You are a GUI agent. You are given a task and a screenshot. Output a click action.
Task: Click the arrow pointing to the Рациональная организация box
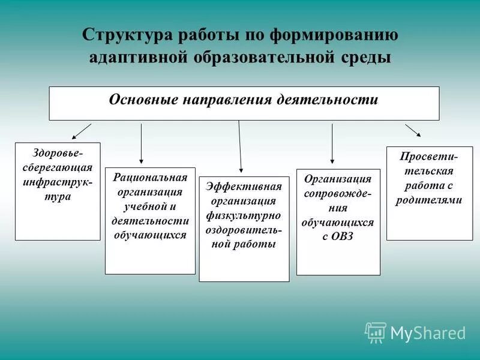141,143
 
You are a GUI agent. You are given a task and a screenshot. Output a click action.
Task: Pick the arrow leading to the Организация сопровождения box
332,143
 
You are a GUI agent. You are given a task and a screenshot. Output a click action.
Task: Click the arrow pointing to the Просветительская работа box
413,131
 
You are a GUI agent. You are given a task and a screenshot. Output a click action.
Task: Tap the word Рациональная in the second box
150,178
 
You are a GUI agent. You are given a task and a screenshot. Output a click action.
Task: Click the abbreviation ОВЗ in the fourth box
342,236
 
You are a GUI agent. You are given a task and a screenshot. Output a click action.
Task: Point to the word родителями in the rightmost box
429,200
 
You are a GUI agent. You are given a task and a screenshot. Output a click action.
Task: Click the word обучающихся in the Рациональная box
150,235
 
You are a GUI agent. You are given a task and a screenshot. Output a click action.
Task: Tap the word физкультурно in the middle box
244,215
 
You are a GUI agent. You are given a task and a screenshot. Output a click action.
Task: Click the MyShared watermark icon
376,332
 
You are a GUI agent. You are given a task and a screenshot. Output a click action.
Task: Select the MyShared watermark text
428,332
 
